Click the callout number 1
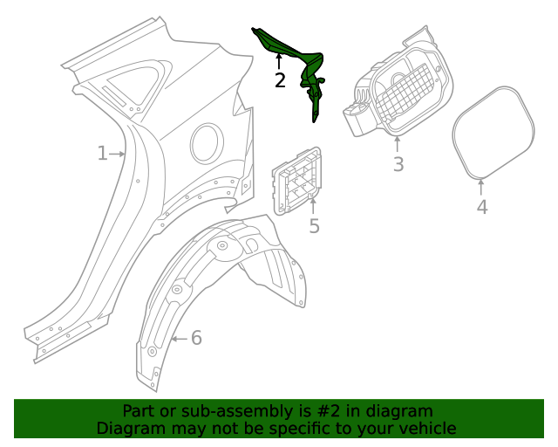102,154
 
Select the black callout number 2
280,80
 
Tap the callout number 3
398,164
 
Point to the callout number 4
482,207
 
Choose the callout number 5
314,226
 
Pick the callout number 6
196,338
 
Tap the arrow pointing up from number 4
482,186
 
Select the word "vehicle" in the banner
427,428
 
